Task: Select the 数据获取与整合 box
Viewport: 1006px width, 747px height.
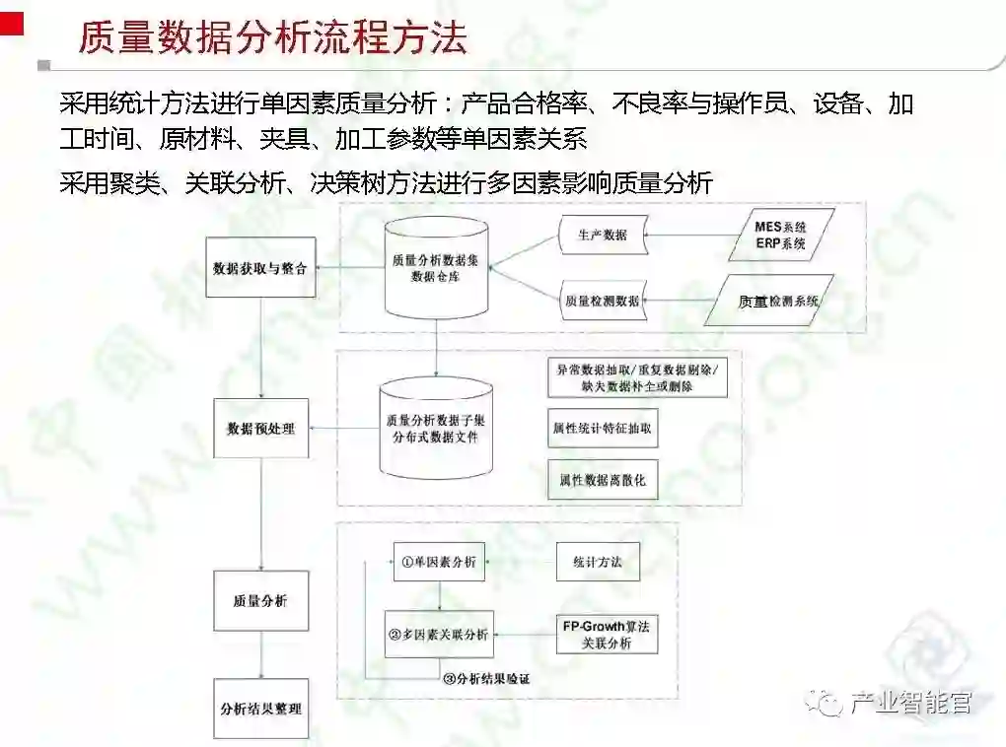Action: pyautogui.click(x=261, y=267)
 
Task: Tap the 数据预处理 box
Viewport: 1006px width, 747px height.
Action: pyautogui.click(x=261, y=429)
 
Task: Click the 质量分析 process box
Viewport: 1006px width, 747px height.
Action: pyautogui.click(x=261, y=600)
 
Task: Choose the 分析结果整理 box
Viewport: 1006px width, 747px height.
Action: pyautogui.click(x=261, y=709)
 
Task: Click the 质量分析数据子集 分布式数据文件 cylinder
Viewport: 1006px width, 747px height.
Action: pyautogui.click(x=436, y=429)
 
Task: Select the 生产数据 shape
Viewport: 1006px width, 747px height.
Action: pyautogui.click(x=601, y=236)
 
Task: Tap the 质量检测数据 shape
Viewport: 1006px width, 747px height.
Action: pyautogui.click(x=601, y=300)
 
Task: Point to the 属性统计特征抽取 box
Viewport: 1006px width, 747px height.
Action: pyautogui.click(x=603, y=430)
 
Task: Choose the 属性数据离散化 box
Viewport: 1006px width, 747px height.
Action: pyautogui.click(x=603, y=480)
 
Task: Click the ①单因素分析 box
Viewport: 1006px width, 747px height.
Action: pyautogui.click(x=439, y=562)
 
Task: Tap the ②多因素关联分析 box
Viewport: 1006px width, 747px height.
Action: pyautogui.click(x=439, y=635)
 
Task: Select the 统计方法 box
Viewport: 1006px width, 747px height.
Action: pyautogui.click(x=598, y=562)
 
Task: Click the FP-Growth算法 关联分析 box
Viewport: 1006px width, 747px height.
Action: pyautogui.click(x=607, y=635)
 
